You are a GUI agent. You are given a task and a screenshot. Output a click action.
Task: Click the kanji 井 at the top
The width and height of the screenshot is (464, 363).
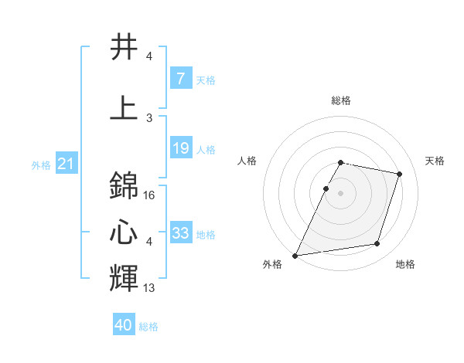124,48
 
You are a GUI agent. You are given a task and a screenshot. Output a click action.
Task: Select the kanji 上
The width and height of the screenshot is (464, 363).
124,108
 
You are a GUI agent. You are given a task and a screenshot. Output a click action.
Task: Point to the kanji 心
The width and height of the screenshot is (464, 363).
124,232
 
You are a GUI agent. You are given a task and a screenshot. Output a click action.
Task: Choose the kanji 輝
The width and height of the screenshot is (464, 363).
124,277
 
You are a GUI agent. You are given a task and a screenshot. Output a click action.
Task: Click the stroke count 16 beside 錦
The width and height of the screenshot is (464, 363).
150,195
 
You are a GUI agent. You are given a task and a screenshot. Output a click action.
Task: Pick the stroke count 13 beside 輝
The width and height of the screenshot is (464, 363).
150,288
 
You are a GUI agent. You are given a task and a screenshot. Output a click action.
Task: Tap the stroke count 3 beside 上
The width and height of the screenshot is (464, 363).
149,118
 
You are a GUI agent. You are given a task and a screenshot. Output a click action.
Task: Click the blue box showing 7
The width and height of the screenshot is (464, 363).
181,78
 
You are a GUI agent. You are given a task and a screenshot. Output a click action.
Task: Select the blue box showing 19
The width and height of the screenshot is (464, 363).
181,148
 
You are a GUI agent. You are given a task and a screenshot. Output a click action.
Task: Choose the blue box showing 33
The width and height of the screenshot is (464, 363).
181,232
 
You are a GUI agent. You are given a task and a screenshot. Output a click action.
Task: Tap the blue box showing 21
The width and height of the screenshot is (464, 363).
67,163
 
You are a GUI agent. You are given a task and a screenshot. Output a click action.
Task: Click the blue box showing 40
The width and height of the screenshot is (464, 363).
124,325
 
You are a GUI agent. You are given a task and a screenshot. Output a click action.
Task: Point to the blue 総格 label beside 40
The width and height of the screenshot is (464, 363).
148,327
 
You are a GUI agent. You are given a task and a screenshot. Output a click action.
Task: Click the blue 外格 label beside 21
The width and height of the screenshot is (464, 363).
41,165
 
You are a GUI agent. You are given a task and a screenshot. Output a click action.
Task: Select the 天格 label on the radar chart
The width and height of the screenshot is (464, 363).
435,161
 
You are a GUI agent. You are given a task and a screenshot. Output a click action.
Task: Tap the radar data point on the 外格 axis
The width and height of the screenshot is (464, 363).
295,256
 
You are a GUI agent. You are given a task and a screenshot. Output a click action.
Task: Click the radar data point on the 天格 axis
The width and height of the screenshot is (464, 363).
400,174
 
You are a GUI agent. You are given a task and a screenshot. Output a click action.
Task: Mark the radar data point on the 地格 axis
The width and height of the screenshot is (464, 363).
377,244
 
